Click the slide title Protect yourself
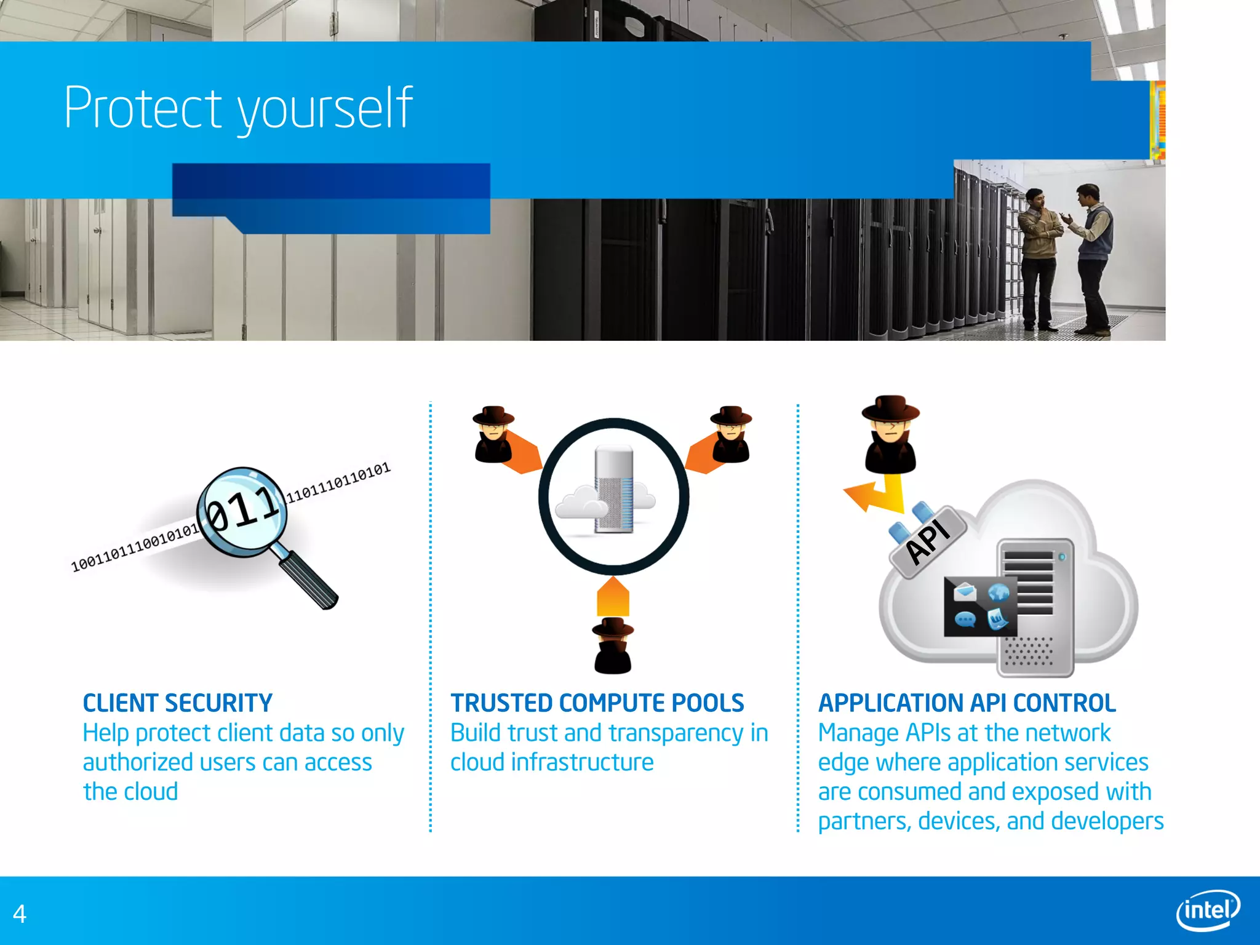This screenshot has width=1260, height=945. (238, 108)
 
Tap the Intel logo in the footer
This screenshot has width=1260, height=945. (1208, 910)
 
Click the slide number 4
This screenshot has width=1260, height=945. (20, 914)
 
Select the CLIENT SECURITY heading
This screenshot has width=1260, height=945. (177, 703)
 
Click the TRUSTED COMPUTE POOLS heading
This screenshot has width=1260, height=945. (597, 703)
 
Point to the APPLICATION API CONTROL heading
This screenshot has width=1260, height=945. (967, 703)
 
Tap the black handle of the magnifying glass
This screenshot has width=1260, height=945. (311, 579)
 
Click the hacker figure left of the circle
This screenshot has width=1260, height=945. (493, 434)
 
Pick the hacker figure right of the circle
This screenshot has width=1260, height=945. (731, 434)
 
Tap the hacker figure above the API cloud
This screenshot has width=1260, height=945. (890, 434)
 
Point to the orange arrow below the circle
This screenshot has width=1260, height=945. (613, 597)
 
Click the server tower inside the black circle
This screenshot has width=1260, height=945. (614, 490)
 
